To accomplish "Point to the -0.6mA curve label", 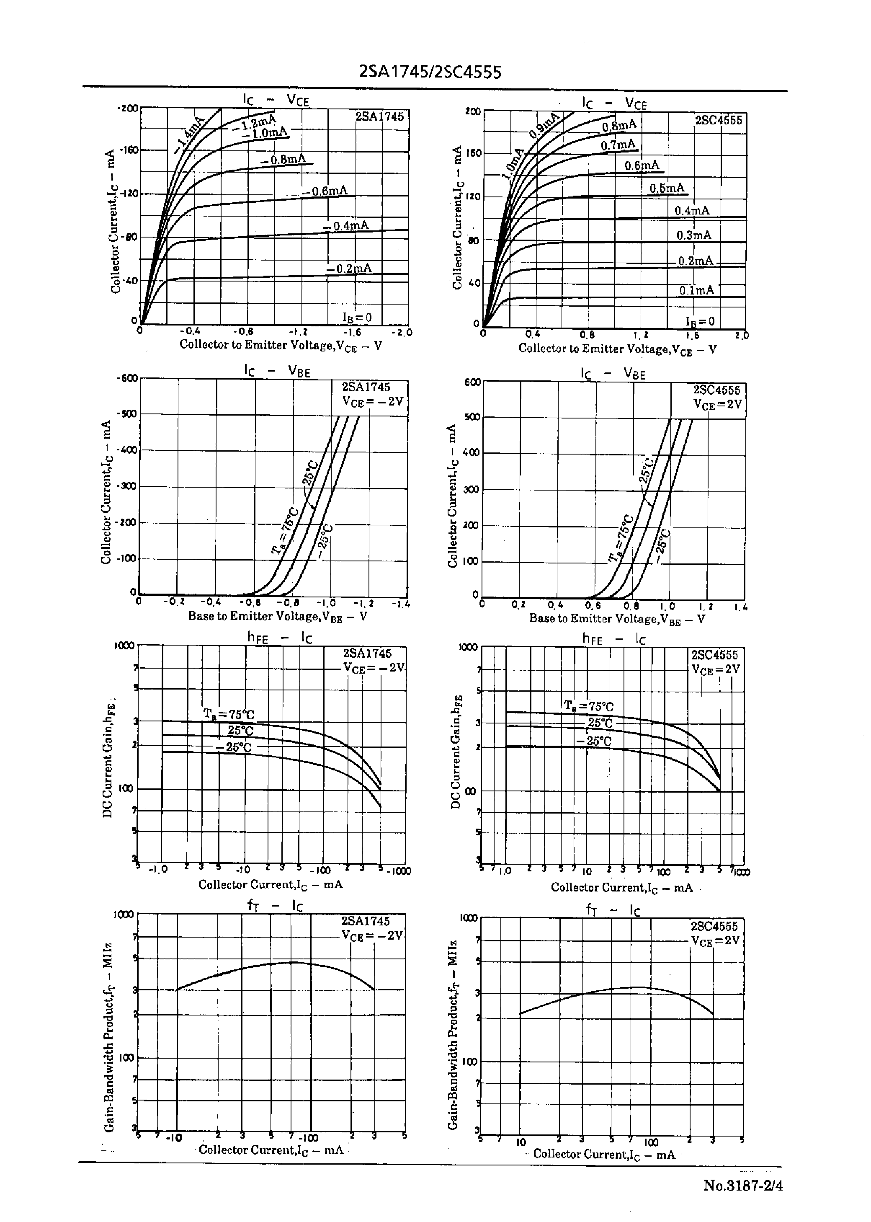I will [325, 191].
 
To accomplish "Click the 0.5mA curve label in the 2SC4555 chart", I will [667, 188].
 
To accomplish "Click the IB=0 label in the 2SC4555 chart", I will [700, 321].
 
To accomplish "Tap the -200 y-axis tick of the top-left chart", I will [128, 109].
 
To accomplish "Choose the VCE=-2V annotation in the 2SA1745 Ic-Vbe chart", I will [373, 401].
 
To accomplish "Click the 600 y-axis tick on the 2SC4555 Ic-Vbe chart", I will [472, 382].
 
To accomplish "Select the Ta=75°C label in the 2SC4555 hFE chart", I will [588, 706].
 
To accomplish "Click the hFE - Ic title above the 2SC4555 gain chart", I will [613, 639].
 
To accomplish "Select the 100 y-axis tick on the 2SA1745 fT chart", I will [126, 1058].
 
